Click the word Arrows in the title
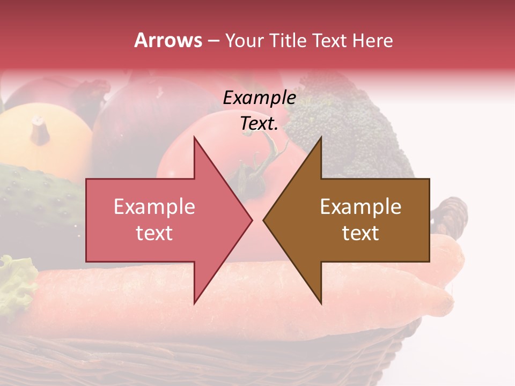168,40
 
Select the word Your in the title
243,40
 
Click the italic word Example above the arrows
259,98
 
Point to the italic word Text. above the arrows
259,123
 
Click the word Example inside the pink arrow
154,206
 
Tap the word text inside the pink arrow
154,233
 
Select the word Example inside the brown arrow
360,206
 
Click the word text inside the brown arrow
360,233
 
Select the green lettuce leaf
16,284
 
